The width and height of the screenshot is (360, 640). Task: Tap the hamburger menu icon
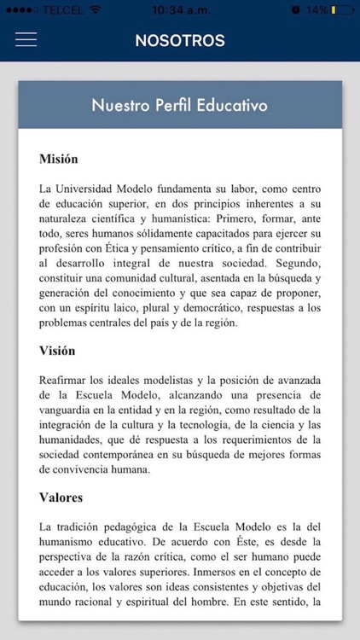click(26, 40)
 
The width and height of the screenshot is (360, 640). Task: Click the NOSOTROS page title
click(180, 41)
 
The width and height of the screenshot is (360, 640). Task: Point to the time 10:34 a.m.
click(179, 9)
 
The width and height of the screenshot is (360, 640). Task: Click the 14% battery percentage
click(318, 9)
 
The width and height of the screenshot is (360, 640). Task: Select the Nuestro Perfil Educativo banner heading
click(180, 106)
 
